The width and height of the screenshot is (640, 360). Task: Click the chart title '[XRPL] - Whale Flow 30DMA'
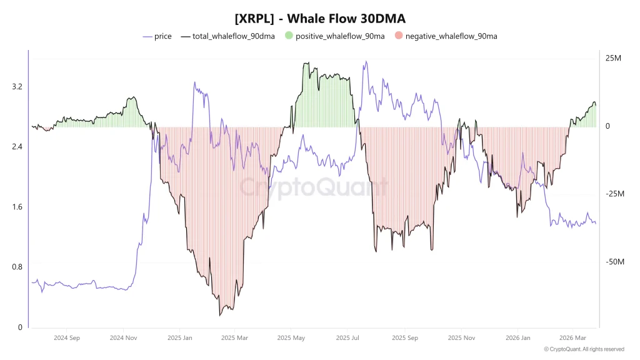pos(319,19)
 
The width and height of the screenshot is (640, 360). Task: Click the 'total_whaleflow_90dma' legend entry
pos(228,36)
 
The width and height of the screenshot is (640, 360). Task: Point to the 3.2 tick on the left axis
pos(17,86)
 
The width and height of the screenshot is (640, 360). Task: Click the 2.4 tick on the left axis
pos(17,146)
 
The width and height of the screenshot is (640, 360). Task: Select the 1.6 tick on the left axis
pos(17,207)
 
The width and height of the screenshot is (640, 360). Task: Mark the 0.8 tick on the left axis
pos(17,267)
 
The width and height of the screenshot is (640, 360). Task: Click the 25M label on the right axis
pos(613,58)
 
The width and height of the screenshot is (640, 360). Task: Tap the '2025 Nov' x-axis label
pos(461,337)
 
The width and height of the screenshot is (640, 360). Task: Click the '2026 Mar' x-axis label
pos(572,337)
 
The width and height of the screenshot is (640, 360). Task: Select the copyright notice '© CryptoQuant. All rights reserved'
pos(584,349)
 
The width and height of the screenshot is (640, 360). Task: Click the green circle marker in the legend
pos(288,36)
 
